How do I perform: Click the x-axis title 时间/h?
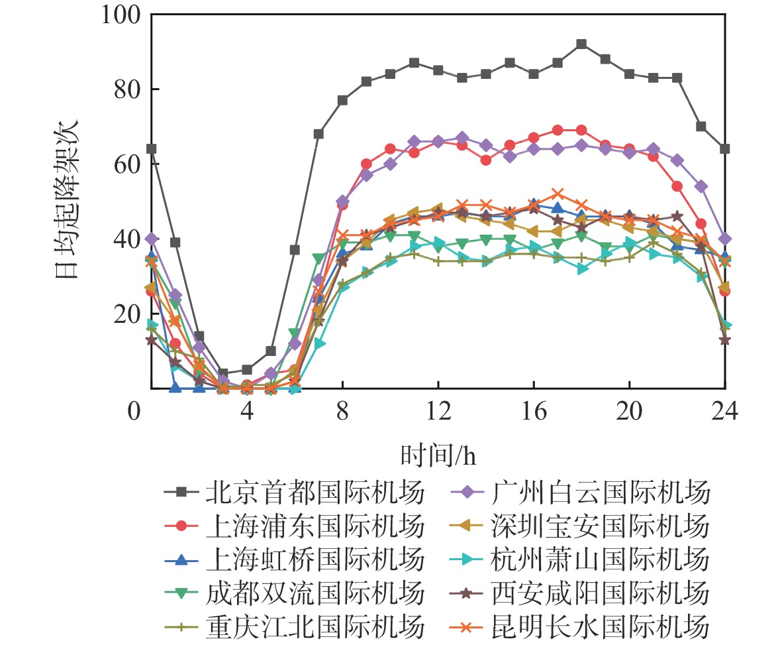pos(438,456)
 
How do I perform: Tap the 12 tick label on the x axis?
pos(438,412)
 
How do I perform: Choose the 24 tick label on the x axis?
pos(724,412)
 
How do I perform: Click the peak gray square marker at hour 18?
pos(581,44)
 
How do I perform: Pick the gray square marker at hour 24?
pos(724,148)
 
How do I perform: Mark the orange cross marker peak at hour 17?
pos(558,194)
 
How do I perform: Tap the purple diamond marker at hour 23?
pos(701,186)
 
